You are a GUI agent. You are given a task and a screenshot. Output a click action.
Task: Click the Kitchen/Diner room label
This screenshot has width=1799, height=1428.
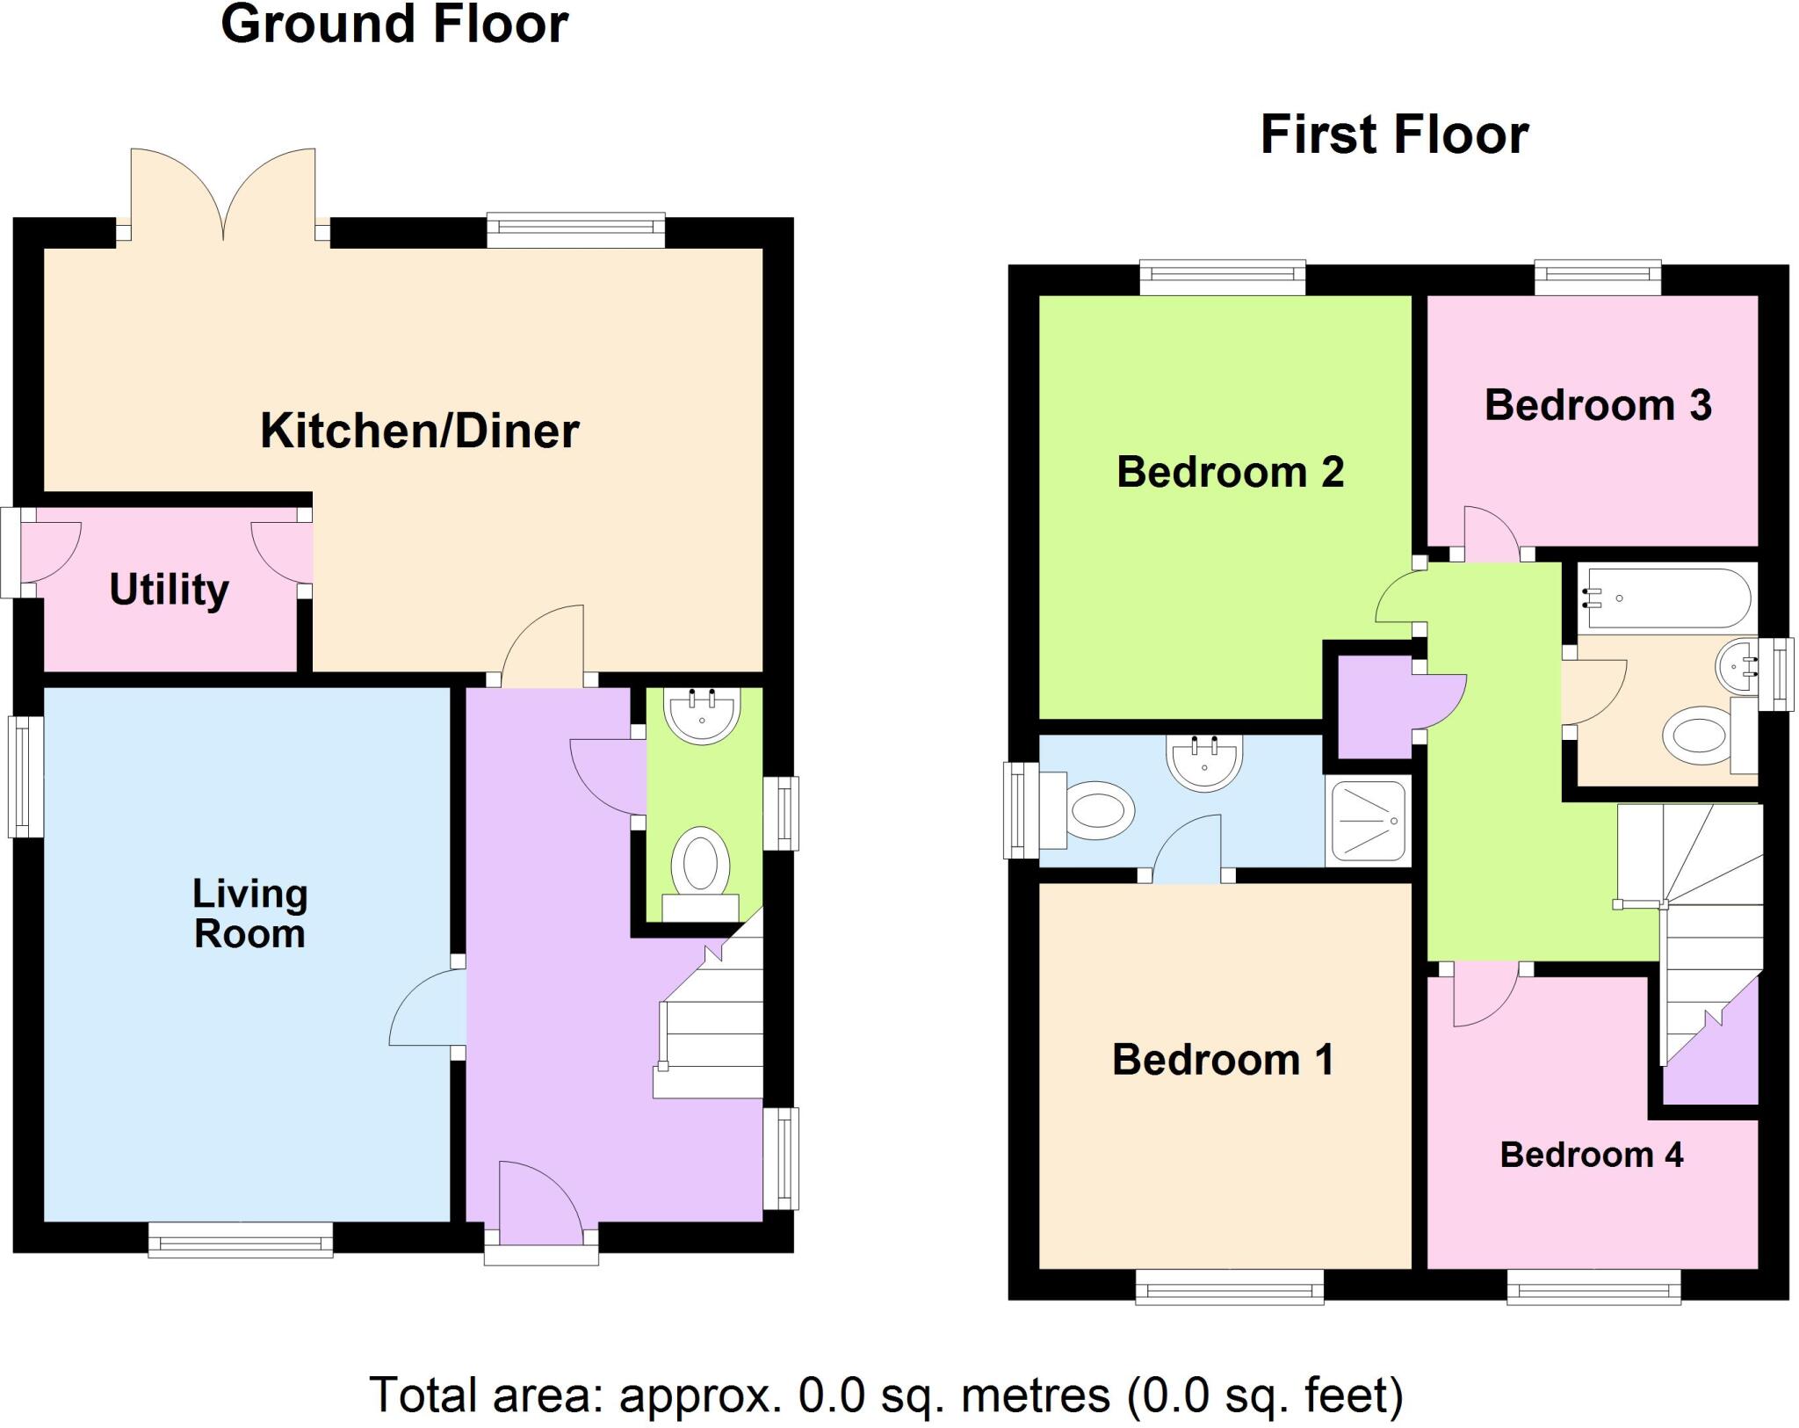[420, 431]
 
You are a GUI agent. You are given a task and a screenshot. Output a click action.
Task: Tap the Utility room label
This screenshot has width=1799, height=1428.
[169, 589]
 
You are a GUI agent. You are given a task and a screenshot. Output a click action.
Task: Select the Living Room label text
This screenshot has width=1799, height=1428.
[249, 914]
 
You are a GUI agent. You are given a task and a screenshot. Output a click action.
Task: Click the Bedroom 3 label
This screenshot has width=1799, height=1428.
[1597, 405]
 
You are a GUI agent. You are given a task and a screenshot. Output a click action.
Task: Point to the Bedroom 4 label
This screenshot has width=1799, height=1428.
[1591, 1155]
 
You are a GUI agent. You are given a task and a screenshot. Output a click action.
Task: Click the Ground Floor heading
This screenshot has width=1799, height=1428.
[394, 24]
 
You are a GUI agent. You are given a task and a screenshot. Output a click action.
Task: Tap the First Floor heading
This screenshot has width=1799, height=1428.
[1394, 134]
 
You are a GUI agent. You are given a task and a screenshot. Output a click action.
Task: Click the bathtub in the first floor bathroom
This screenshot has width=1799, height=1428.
[1666, 599]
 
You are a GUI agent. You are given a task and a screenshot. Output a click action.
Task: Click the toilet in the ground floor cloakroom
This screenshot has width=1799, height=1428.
[701, 870]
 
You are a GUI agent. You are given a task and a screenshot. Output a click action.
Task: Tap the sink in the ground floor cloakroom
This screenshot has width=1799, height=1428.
[701, 714]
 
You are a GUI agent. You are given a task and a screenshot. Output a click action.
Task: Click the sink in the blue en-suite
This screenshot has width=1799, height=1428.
[1203, 762]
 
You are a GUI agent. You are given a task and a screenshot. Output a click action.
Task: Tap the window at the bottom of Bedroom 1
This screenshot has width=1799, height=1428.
[1229, 1290]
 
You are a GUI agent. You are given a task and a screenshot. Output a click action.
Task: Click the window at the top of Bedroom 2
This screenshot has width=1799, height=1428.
[1222, 277]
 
